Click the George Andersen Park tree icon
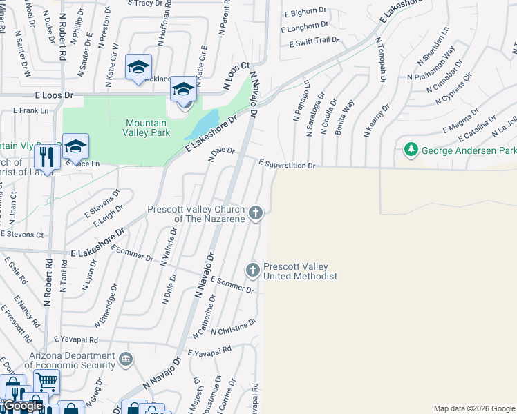tap(411, 149)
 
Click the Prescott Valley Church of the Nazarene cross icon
tap(256, 213)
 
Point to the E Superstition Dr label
tap(287, 165)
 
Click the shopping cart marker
tap(46, 381)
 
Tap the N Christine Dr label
tap(234, 326)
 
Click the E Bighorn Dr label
tap(305, 12)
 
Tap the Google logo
tap(22, 406)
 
